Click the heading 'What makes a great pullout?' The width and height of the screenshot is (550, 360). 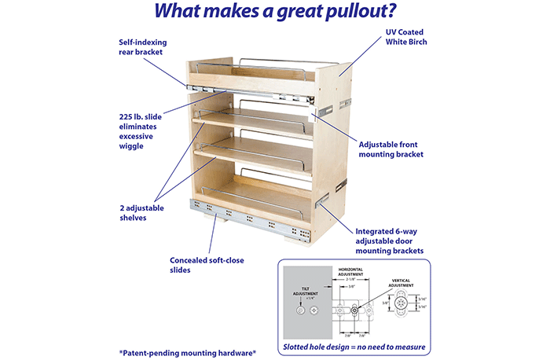click(x=274, y=13)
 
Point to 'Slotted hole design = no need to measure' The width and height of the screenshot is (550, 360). click(x=355, y=347)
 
